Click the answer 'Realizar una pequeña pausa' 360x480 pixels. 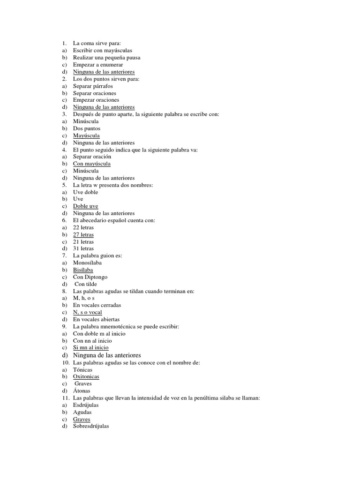point(106,58)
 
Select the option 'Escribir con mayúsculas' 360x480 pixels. point(102,51)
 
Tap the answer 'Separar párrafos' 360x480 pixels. point(93,86)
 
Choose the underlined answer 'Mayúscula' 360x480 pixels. point(86,135)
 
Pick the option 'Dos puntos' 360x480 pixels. point(87,128)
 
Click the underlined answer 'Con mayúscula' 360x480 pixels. point(92,164)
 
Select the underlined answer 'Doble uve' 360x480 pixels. point(85,206)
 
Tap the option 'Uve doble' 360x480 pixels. point(85,192)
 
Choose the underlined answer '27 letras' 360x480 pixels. point(83,234)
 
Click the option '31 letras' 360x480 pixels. point(83,248)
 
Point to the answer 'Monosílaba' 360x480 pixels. point(87,263)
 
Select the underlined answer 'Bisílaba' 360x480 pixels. point(83,270)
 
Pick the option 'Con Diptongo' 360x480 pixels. point(90,277)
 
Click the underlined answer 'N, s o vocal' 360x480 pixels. point(87,312)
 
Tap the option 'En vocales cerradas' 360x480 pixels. point(97,305)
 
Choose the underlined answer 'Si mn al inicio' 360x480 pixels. point(90,348)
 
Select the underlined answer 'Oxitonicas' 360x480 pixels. point(86,376)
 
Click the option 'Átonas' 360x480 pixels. point(82,391)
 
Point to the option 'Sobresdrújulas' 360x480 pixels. point(91,427)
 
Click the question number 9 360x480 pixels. point(64,326)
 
